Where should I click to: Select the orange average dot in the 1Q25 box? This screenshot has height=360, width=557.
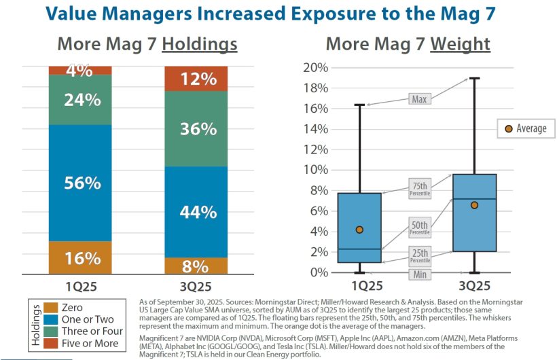[359, 230]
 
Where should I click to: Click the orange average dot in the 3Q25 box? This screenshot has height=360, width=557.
[474, 205]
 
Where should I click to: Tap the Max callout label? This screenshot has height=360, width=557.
[420, 99]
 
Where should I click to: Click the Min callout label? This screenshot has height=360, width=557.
[419, 274]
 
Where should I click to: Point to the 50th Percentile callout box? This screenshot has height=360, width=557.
[420, 228]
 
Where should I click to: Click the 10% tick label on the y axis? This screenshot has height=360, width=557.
[317, 170]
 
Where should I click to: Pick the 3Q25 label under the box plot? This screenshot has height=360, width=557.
[474, 285]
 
